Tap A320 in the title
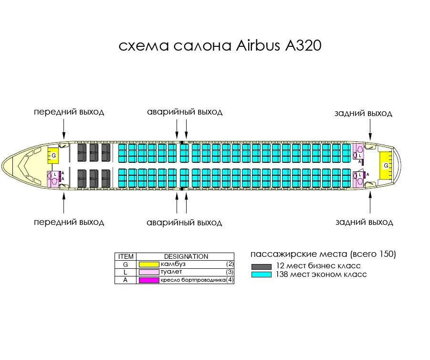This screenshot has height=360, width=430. click(x=303, y=46)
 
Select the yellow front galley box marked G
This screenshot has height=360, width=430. click(x=53, y=156)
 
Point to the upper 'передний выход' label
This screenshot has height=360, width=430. click(x=69, y=112)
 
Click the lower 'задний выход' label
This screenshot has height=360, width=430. click(x=364, y=222)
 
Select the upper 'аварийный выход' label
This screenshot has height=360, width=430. click(x=185, y=112)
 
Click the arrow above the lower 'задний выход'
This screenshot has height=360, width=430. click(x=370, y=203)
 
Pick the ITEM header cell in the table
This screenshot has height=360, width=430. click(x=126, y=256)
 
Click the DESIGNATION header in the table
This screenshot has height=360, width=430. click(x=186, y=256)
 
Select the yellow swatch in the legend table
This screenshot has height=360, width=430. click(x=148, y=264)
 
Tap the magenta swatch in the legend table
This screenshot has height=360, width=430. click(x=148, y=280)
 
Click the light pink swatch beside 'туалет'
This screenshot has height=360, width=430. click(x=148, y=272)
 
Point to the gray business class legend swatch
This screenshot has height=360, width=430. click(x=262, y=266)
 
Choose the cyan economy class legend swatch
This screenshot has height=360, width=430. click(x=262, y=275)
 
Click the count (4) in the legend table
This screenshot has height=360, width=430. click(x=230, y=280)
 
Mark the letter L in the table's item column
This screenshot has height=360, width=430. click(x=126, y=272)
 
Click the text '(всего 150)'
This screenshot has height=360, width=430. click(x=373, y=254)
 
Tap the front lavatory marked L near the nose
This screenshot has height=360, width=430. click(x=52, y=178)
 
